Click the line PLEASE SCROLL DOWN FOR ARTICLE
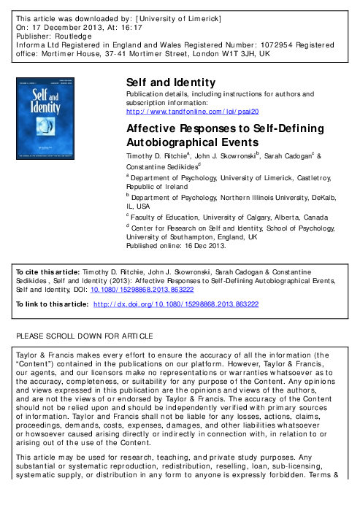coord(85,336)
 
